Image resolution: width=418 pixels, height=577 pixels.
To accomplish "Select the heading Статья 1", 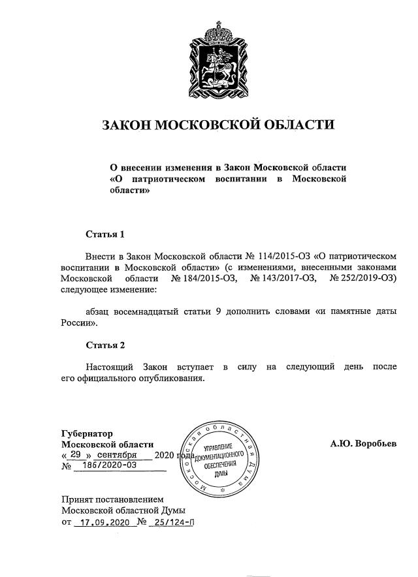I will (x=104, y=234).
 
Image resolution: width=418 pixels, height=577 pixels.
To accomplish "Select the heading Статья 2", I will (x=104, y=345).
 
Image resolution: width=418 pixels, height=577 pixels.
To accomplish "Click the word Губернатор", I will (x=87, y=433).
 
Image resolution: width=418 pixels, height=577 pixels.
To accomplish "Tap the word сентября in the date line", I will (x=116, y=455).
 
